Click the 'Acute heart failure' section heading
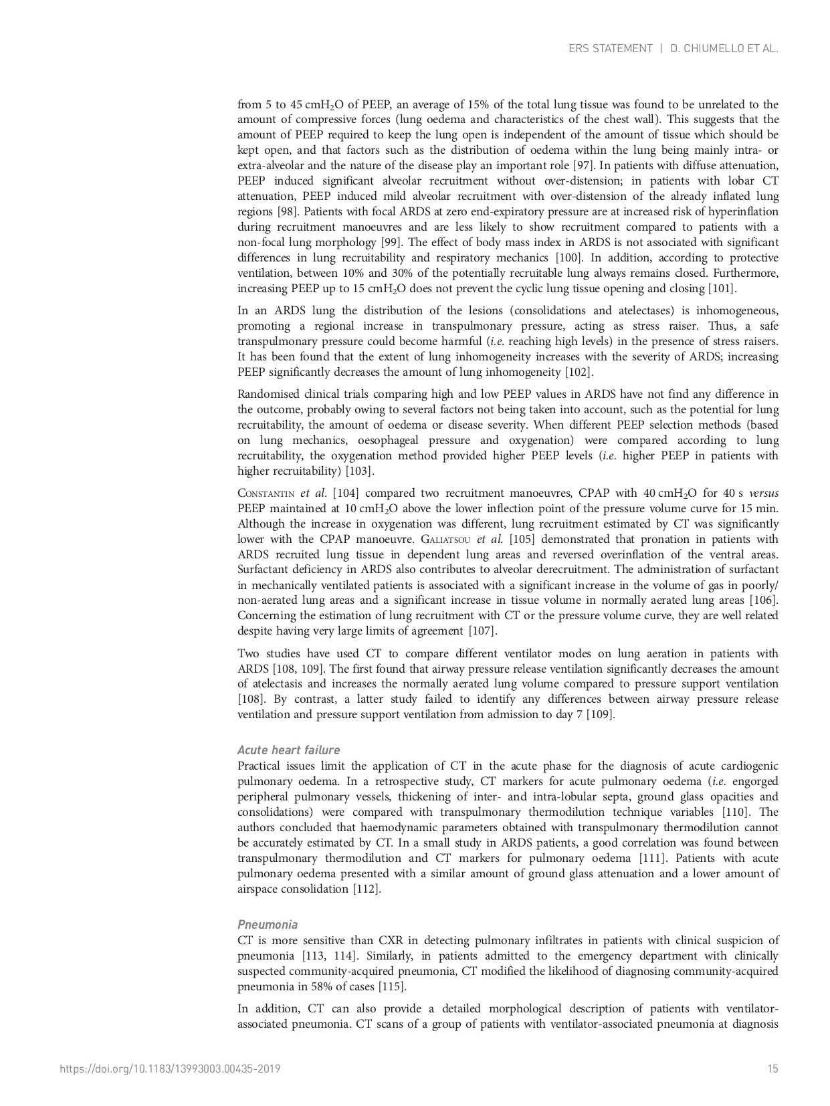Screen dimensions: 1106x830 coord(288,750)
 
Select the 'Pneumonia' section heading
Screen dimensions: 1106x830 coord(268,925)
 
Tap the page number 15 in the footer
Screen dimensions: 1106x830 coord(772,1069)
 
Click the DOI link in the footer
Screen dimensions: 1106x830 coord(170,1069)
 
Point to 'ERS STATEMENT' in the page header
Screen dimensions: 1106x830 coord(610,48)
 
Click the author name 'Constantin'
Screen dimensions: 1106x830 coord(266,493)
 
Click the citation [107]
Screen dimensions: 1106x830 coord(482,631)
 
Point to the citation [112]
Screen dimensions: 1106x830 coord(367,889)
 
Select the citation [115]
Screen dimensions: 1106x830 coord(392,987)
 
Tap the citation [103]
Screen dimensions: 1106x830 coord(359,471)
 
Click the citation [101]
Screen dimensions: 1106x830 coord(722,289)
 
